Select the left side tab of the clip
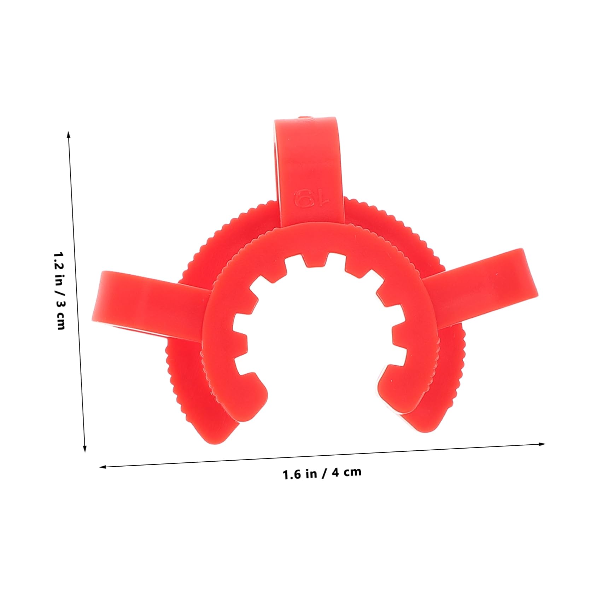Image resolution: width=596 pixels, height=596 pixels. point(141,300)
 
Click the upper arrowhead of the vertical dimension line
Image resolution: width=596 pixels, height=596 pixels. point(69,134)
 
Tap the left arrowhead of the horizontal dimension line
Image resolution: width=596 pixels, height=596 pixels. point(103,467)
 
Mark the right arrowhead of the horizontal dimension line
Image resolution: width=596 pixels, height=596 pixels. point(542,444)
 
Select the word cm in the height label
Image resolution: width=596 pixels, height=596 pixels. point(60,322)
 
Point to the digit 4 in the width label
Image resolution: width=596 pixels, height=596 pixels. point(336,473)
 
